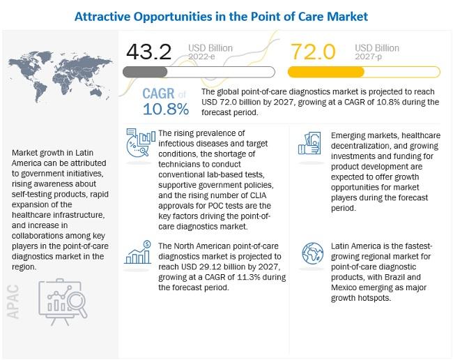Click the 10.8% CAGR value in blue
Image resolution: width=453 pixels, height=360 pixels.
click(x=165, y=109)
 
